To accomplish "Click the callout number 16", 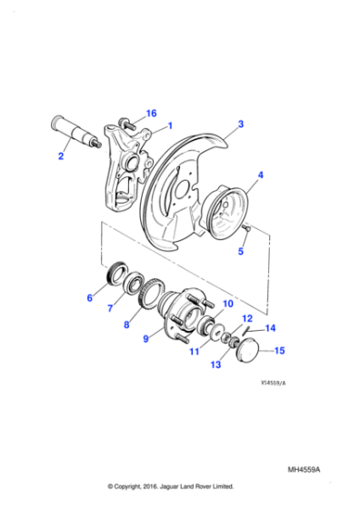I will click(x=151, y=114).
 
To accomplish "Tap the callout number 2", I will click(x=241, y=124).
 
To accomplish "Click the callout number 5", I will click(x=90, y=297).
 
